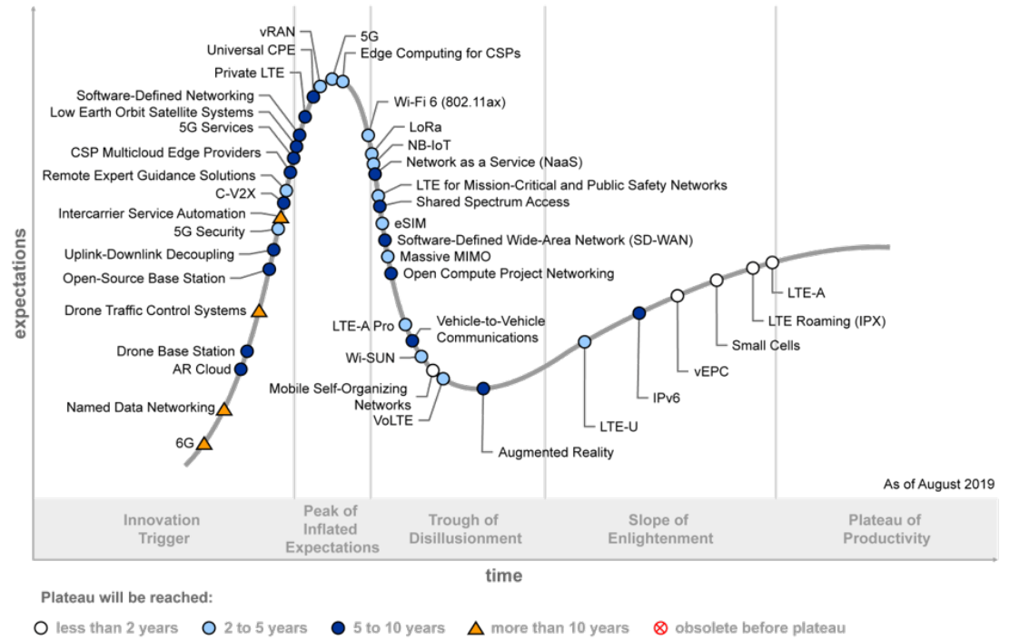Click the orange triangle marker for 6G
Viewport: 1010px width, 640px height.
(x=204, y=444)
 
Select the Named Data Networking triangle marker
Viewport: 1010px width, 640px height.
(x=223, y=409)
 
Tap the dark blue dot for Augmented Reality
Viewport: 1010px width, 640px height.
(x=483, y=389)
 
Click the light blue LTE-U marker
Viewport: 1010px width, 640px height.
(x=584, y=342)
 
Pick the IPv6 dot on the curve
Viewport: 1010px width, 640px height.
(x=639, y=313)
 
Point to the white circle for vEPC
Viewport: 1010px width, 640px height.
(x=677, y=296)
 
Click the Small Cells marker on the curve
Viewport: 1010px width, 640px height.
(x=716, y=280)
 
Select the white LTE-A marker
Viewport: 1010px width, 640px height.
(x=772, y=262)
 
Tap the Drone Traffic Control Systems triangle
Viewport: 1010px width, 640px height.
(x=258, y=311)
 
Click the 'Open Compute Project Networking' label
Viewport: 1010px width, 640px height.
(x=508, y=273)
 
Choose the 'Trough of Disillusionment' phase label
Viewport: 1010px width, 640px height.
(x=463, y=529)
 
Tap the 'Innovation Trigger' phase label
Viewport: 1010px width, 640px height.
(x=162, y=529)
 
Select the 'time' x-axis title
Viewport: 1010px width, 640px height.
(x=503, y=576)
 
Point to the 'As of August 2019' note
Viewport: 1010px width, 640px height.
(x=938, y=485)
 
